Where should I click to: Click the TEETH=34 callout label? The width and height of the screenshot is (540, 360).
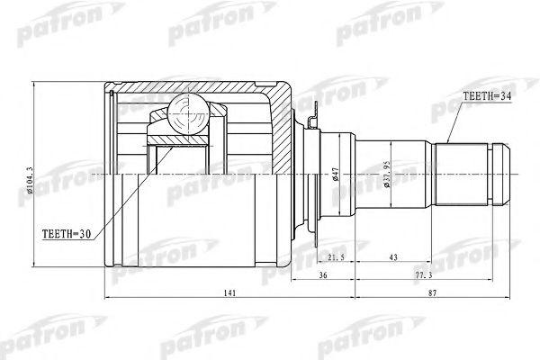(x=487, y=96)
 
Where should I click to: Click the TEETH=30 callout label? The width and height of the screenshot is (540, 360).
(x=67, y=234)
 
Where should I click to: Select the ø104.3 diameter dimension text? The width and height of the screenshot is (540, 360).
(x=30, y=181)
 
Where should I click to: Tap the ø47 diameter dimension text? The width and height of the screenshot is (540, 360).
(x=336, y=174)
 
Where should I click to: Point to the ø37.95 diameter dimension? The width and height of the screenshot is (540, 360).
(x=387, y=174)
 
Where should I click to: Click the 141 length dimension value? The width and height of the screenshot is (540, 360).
(x=229, y=293)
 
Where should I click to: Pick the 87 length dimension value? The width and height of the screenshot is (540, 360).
(x=433, y=293)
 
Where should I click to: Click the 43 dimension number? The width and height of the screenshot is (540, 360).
(x=393, y=257)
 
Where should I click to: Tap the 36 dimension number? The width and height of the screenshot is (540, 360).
(x=323, y=275)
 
